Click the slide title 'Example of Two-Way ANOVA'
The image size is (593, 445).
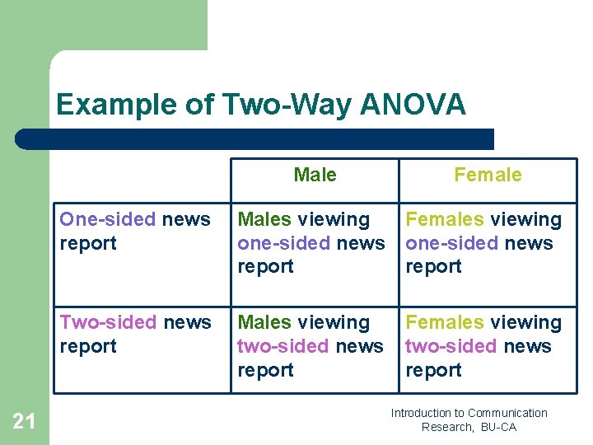pyautogui.click(x=260, y=105)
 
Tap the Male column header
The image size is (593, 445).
pyautogui.click(x=315, y=175)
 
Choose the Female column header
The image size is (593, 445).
pyautogui.click(x=488, y=175)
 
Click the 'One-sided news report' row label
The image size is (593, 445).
pyautogui.click(x=135, y=232)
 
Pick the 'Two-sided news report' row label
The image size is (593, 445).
pyautogui.click(x=135, y=334)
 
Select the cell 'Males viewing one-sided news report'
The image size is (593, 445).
pyautogui.click(x=311, y=243)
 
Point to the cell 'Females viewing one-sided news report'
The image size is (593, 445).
pyautogui.click(x=483, y=243)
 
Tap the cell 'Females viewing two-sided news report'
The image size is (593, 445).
pyautogui.click(x=483, y=346)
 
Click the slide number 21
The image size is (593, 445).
pyautogui.click(x=25, y=422)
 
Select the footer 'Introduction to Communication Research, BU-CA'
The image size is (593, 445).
pyautogui.click(x=469, y=419)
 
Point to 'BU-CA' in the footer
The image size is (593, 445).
pyautogui.click(x=497, y=427)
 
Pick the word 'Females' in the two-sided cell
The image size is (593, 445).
pyautogui.click(x=444, y=322)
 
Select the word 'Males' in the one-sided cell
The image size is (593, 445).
pyautogui.click(x=264, y=219)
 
